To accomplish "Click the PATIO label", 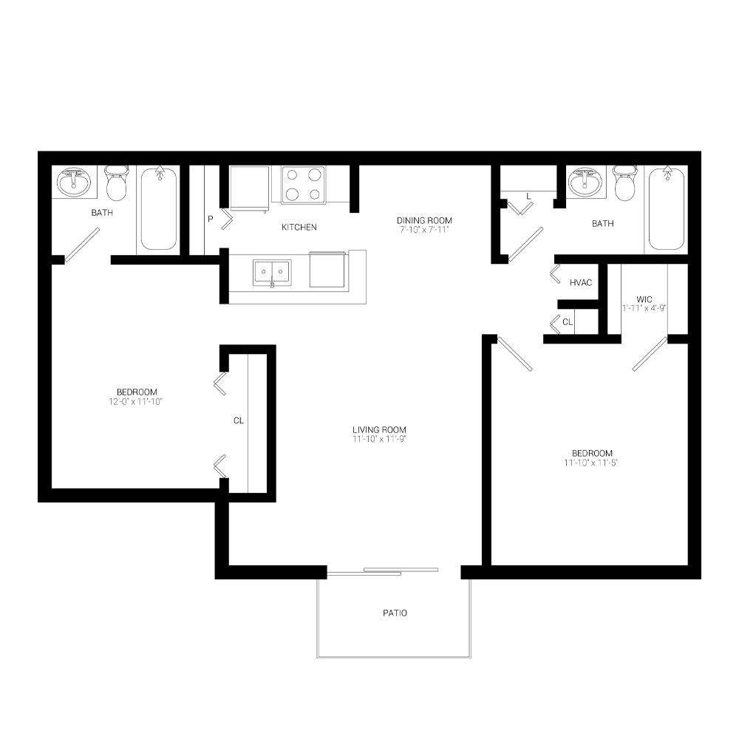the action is tap(395, 613).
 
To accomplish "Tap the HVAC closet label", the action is tap(581, 282).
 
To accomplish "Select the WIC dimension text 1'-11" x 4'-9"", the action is tap(644, 308).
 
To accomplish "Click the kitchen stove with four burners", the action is tap(304, 185).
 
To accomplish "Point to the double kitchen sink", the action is tap(272, 273).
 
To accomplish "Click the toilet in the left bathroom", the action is tap(116, 183).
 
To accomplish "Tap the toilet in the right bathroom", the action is tap(625, 183).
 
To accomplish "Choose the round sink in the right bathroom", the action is tap(585, 182).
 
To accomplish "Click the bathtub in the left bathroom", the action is tap(159, 208).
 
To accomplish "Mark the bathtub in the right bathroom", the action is tap(667, 208).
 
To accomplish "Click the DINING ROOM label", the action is tap(424, 220).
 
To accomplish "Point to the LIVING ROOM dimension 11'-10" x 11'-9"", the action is tap(379, 439).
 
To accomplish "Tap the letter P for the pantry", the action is tap(210, 219).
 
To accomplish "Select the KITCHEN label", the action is tap(299, 227).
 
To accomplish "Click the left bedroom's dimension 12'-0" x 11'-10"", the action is tap(136, 401).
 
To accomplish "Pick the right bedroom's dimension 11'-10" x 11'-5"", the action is tap(591, 463).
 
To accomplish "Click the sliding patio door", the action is tap(383, 572).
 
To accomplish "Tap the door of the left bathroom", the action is tap(82, 245).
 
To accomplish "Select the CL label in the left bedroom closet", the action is tap(239, 420).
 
